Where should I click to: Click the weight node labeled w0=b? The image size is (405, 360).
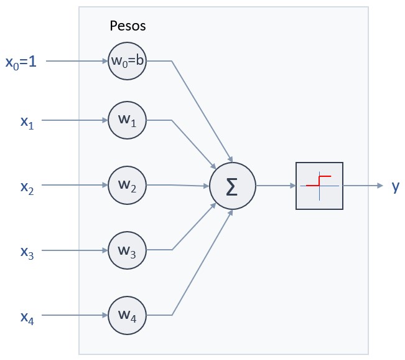point(127,61)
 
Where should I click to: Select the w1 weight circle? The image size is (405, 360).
point(127,120)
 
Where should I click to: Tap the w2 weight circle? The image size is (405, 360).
point(127,185)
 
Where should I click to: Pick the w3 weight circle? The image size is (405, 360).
point(127,250)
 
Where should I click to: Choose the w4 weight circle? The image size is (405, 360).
point(127,316)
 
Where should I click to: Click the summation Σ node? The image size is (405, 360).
point(231,186)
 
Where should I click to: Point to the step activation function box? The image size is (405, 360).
point(319,186)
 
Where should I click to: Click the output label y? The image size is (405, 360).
point(395,186)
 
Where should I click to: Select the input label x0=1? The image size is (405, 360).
point(21,62)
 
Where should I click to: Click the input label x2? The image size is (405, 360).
point(27,186)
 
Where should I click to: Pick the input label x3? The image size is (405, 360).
point(27,252)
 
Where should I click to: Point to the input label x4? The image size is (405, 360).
point(27,317)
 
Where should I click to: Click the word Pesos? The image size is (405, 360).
point(128,26)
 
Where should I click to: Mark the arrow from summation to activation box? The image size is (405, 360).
point(274,186)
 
